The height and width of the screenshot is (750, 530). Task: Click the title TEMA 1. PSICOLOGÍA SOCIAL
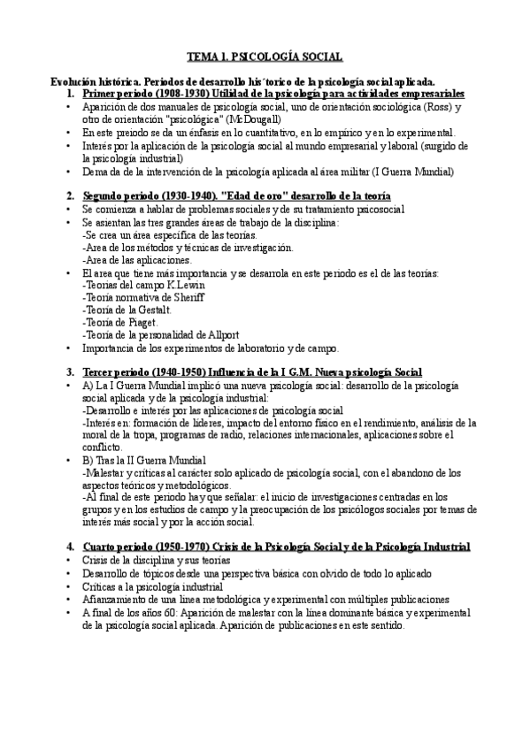(x=265, y=56)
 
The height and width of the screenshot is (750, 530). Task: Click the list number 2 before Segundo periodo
(x=70, y=195)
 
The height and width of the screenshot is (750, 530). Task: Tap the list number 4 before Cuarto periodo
(x=70, y=547)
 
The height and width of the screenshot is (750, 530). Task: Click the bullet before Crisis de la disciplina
(x=70, y=561)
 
